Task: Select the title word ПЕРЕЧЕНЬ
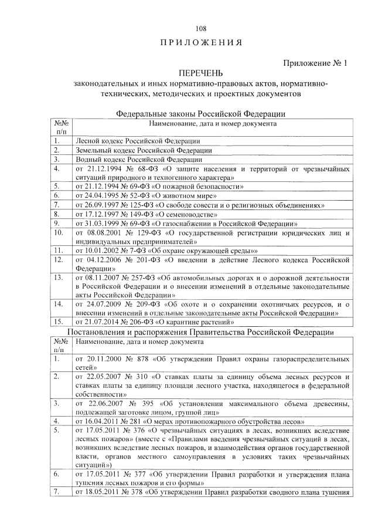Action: (200, 73)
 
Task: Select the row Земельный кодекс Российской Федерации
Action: (143, 150)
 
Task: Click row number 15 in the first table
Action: (58, 322)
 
